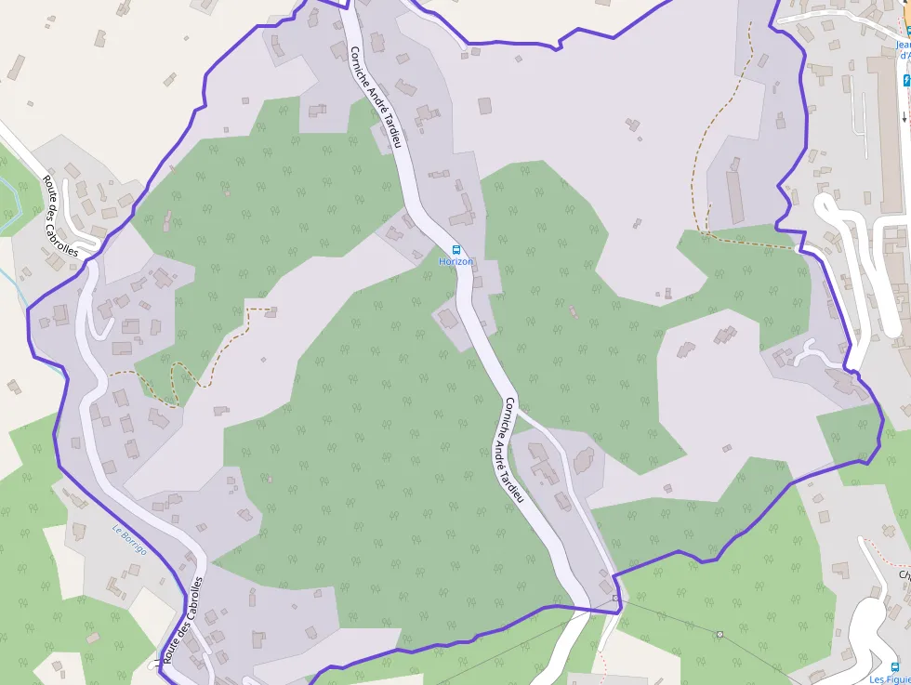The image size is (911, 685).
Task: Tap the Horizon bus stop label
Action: coord(455,262)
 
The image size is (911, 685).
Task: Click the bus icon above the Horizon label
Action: coord(456,249)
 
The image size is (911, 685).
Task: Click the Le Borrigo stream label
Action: coord(130,540)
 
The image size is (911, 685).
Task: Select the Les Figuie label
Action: coord(890,679)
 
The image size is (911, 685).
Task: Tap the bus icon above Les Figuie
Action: coord(894,666)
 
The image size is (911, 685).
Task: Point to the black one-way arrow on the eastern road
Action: coord(904,117)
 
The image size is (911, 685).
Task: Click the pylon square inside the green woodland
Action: coord(720,634)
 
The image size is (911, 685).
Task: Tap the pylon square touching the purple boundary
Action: coord(615,598)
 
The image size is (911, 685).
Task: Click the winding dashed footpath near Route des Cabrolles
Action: coord(177,381)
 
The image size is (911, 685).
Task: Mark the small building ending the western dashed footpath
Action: coord(271,311)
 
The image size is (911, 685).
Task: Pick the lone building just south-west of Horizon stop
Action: coord(449,320)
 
